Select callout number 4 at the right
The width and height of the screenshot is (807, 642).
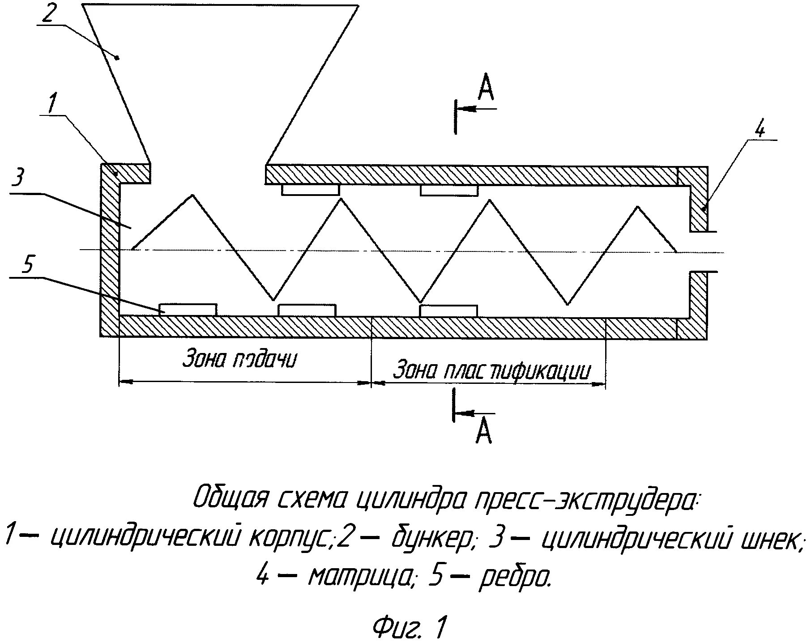[760, 130]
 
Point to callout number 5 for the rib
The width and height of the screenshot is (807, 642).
[26, 266]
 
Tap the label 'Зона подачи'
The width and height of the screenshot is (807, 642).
[239, 360]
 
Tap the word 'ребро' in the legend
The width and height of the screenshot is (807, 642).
[515, 578]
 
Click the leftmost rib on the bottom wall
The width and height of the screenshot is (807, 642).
[188, 309]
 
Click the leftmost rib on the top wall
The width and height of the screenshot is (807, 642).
[310, 190]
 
